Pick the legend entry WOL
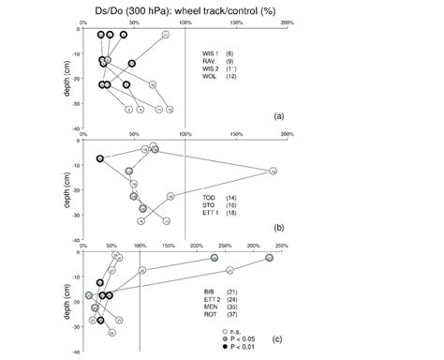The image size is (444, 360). tap(212, 78)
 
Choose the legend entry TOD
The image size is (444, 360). tap(212, 198)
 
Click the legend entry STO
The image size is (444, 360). tap(212, 205)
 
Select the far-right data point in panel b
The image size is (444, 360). tap(273, 171)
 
